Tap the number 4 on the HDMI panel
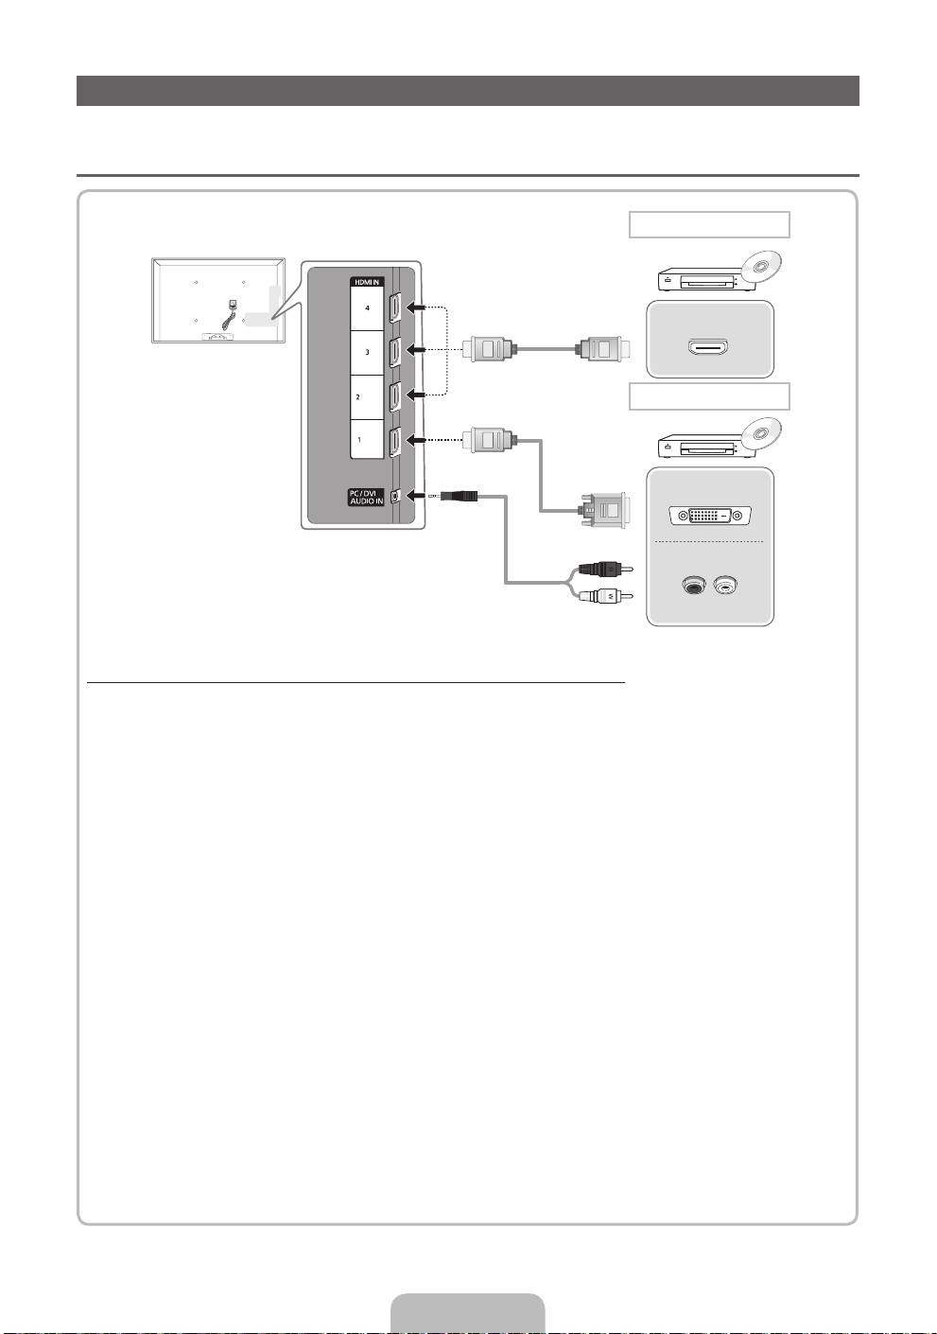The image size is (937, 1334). point(367,308)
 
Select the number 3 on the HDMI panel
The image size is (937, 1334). point(367,352)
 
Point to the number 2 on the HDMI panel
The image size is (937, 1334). point(357,397)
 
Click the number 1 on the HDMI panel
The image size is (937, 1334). point(358,440)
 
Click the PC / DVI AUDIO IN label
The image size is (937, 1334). point(367,495)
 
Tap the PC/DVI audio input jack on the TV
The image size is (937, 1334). point(394,495)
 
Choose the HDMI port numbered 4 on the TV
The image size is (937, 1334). point(394,308)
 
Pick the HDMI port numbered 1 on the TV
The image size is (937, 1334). point(394,440)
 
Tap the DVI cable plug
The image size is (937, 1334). point(601,511)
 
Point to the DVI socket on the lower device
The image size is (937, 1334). point(710,516)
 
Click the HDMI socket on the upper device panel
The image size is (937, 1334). point(709,348)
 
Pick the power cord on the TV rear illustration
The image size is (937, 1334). point(229,312)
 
